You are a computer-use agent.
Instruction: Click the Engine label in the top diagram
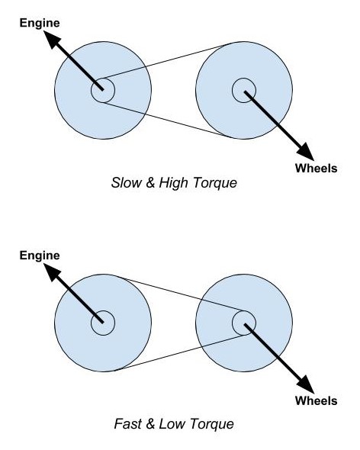(40, 24)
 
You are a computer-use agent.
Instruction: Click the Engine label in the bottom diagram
(40, 256)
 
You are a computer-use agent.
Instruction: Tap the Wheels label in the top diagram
(316, 168)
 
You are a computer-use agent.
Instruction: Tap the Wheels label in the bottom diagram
(316, 400)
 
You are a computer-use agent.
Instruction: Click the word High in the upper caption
(173, 183)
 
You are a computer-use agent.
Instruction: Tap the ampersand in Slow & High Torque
(150, 183)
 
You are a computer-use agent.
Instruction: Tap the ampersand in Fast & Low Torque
(149, 424)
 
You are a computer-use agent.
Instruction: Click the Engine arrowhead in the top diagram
(53, 40)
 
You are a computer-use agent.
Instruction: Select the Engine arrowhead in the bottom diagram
(53, 272)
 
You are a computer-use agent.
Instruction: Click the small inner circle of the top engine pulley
(103, 79)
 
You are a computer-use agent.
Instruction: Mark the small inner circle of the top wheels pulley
(244, 79)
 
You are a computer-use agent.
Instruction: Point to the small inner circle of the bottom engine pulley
(103, 311)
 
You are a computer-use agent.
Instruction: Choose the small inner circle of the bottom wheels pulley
(244, 311)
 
